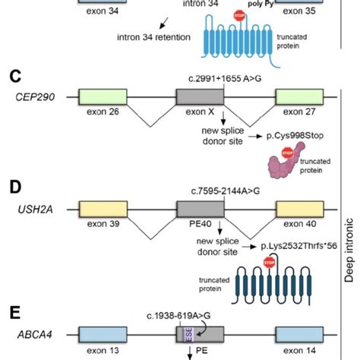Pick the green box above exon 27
[x=299, y=97]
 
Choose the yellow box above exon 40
[x=299, y=210]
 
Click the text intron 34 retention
[x=156, y=36]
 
